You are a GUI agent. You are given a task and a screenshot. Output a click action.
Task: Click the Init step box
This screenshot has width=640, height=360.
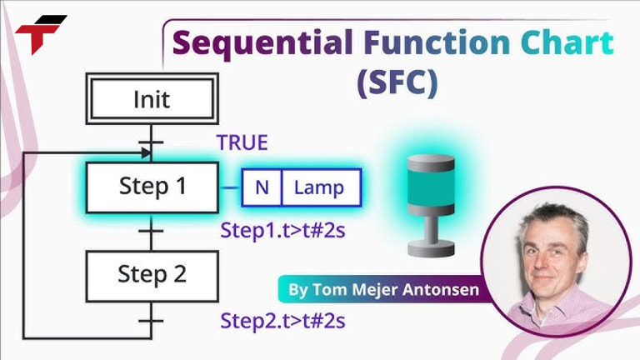[x=152, y=100]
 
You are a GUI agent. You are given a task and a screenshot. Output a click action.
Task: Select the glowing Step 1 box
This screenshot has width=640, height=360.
[x=152, y=187]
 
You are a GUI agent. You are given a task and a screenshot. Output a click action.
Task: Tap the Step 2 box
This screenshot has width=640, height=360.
[x=152, y=273]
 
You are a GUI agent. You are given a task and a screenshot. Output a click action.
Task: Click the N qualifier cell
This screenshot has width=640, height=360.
[x=262, y=187]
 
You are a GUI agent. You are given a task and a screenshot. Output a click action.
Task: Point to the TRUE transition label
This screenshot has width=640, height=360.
[x=242, y=142]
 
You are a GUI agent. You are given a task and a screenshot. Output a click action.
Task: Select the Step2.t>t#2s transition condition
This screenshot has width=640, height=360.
[x=282, y=320]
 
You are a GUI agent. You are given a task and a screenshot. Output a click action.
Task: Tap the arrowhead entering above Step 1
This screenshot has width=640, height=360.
[x=146, y=153]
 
